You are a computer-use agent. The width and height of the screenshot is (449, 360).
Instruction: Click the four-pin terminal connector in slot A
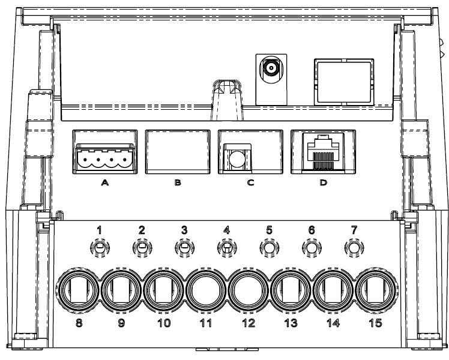point(105,157)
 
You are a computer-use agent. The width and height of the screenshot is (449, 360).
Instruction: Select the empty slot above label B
point(178,152)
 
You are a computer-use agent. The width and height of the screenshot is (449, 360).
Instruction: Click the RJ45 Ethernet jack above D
point(324,153)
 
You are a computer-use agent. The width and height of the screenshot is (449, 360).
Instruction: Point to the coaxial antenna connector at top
point(271,68)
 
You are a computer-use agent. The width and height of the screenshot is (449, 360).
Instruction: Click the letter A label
point(105,182)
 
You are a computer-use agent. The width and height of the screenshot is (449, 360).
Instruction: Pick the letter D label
point(323,182)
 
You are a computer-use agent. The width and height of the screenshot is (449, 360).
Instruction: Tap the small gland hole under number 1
point(100,248)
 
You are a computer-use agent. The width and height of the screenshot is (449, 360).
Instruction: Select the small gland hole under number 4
point(227,248)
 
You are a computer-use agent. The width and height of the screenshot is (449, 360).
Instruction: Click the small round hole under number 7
point(354,248)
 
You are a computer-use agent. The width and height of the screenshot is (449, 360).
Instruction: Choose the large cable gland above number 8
point(79,290)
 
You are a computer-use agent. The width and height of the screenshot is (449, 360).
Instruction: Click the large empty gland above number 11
point(206,290)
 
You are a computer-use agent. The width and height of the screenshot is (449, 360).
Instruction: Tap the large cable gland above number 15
point(376,290)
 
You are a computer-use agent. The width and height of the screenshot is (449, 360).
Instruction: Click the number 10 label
point(164,323)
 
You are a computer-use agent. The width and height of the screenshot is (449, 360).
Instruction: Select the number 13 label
point(291,323)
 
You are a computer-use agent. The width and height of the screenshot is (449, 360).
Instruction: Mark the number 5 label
point(269,230)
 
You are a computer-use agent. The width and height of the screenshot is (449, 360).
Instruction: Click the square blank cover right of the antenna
point(344,82)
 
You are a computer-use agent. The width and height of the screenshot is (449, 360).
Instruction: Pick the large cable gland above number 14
point(333,290)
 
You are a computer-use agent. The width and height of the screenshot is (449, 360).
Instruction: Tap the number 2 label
point(142,230)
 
